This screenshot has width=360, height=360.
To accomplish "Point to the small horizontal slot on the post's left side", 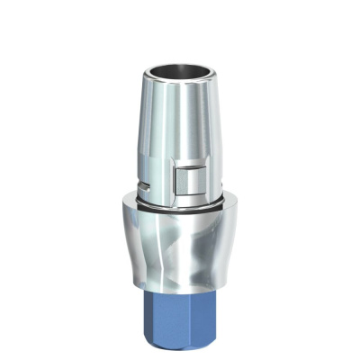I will coord(145,187).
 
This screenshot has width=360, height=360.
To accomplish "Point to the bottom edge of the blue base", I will coord(184,349).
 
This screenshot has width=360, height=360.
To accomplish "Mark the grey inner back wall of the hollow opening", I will coord(180,67).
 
